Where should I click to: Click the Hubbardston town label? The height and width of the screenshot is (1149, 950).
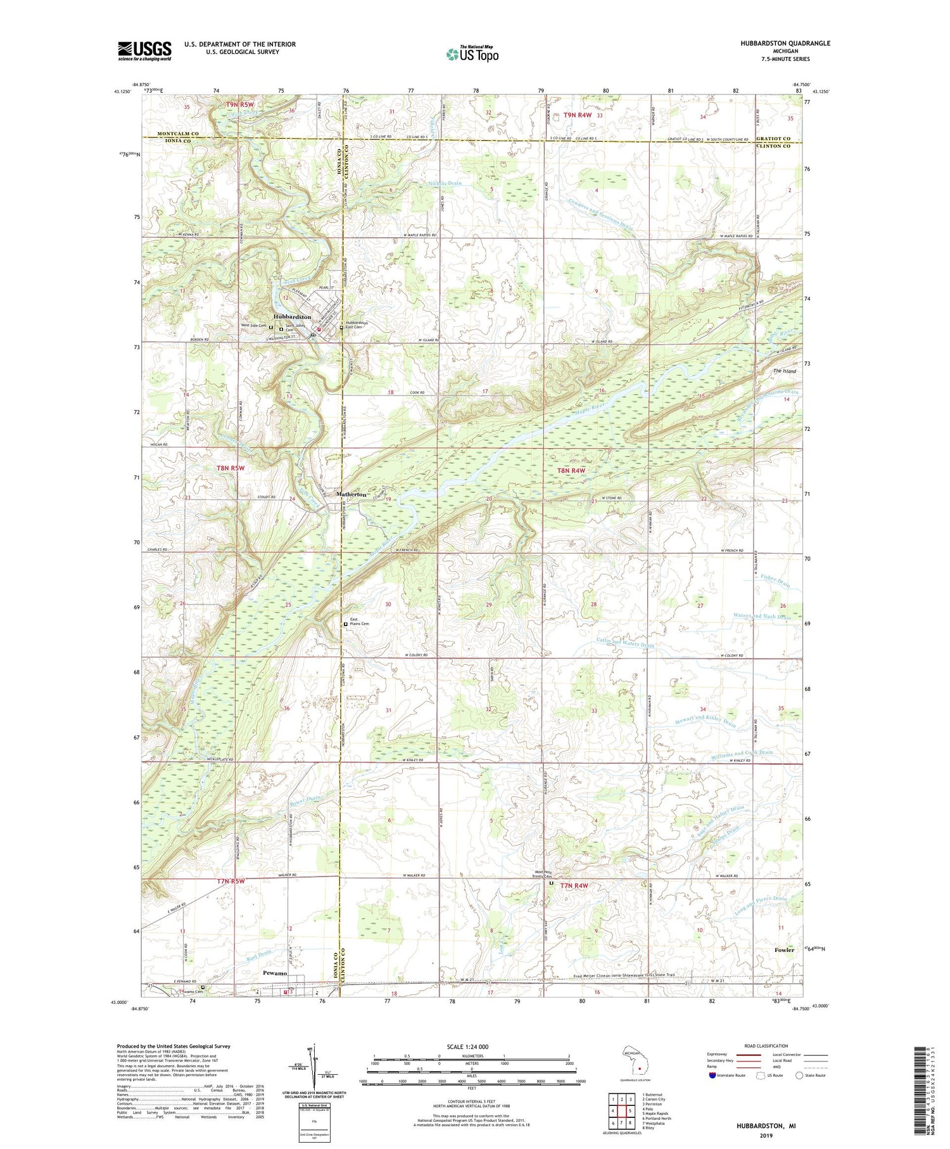(292, 316)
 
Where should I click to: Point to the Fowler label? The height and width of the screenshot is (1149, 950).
(784, 950)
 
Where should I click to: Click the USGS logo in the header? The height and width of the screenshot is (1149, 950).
(144, 51)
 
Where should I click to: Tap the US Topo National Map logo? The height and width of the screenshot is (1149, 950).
(471, 54)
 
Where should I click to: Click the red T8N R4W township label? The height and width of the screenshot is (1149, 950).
(571, 471)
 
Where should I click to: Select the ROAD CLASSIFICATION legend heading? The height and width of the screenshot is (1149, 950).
(766, 1046)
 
